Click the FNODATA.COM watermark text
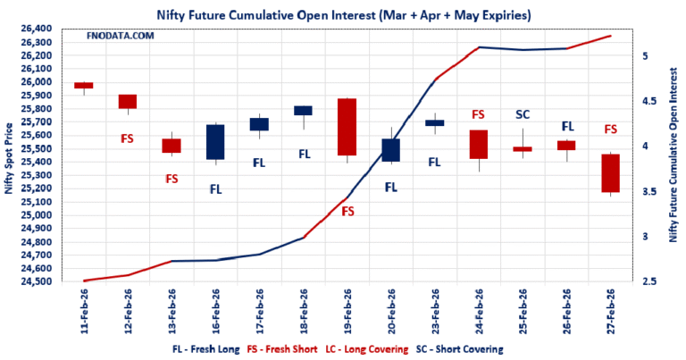121,36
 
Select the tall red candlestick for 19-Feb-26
347,127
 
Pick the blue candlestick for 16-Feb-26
215,142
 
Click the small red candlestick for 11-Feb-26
84,86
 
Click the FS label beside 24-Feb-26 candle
478,114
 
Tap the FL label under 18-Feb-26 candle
304,154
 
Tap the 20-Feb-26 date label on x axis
391,312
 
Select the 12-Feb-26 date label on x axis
129,312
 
